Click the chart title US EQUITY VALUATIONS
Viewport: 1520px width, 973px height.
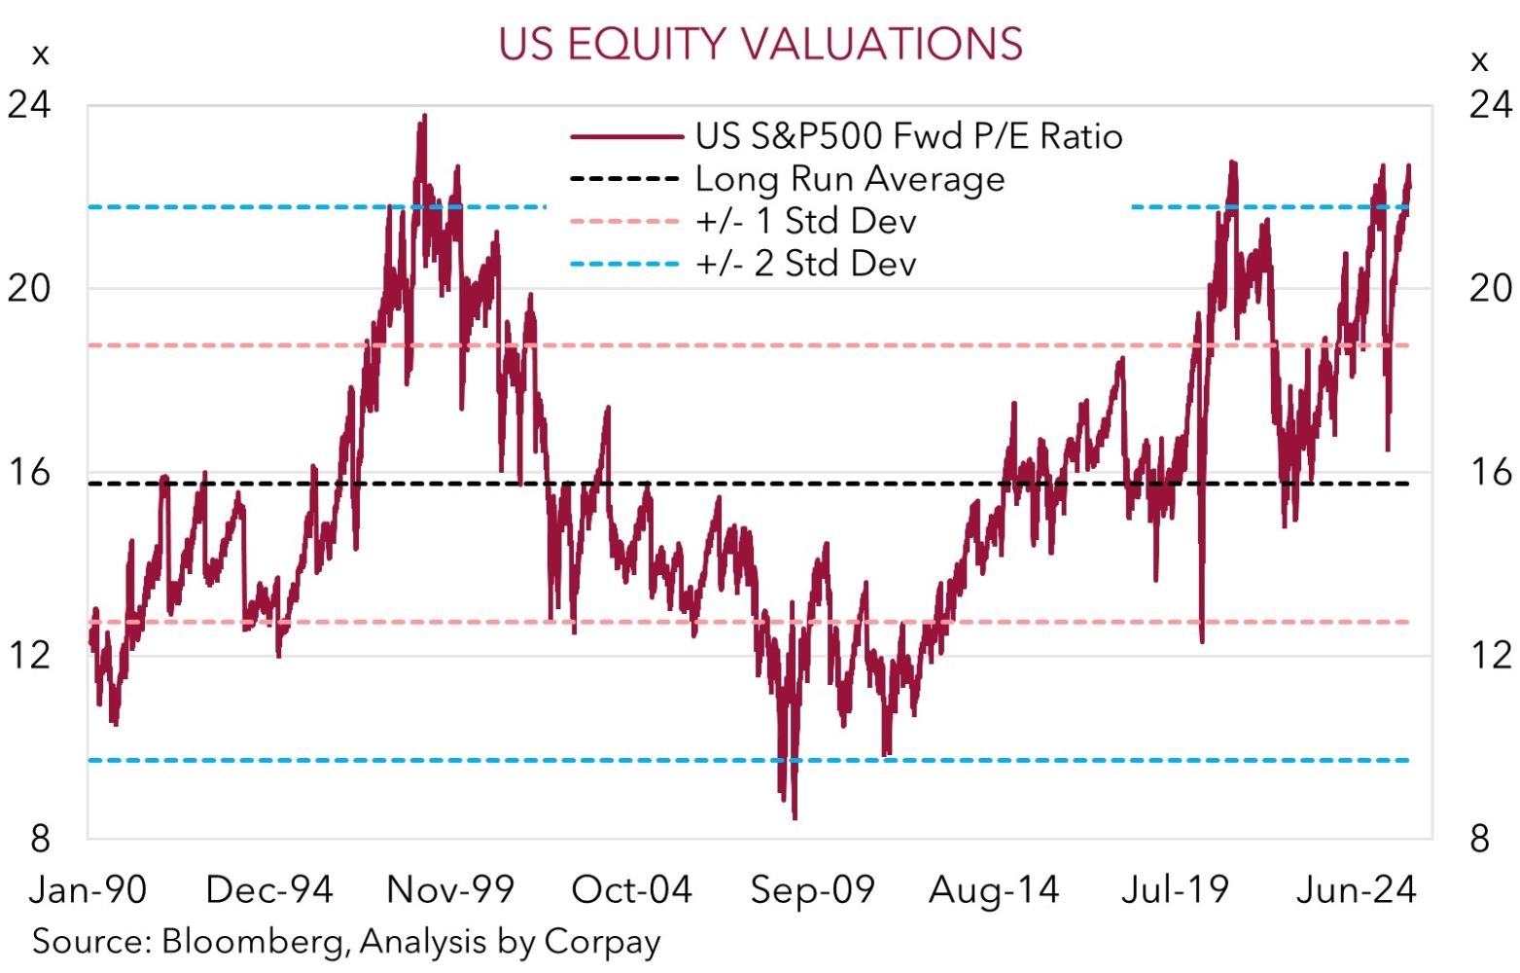(760, 44)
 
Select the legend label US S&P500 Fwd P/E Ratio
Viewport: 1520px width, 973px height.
(908, 136)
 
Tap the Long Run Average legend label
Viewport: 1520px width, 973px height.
(850, 179)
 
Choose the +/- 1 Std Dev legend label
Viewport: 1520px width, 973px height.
(806, 222)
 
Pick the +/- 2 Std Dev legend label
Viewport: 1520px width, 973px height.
(806, 264)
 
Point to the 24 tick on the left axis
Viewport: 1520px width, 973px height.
(29, 104)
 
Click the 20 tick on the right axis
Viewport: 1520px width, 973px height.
(1491, 288)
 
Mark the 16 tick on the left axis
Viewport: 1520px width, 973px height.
(29, 472)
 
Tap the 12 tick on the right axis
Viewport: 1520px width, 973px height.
(1491, 655)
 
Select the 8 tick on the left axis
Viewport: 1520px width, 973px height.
(40, 838)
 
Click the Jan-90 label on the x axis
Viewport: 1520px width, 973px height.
(88, 889)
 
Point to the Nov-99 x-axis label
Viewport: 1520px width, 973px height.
(450, 889)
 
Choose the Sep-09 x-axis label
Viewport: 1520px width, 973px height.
(813, 889)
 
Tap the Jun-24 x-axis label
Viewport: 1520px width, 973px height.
(1357, 889)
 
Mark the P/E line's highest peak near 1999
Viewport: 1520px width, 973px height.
(424, 116)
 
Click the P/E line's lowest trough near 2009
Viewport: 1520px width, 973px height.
(795, 817)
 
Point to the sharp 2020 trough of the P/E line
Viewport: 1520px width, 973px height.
(1203, 641)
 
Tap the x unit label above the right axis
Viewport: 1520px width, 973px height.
(1479, 62)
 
